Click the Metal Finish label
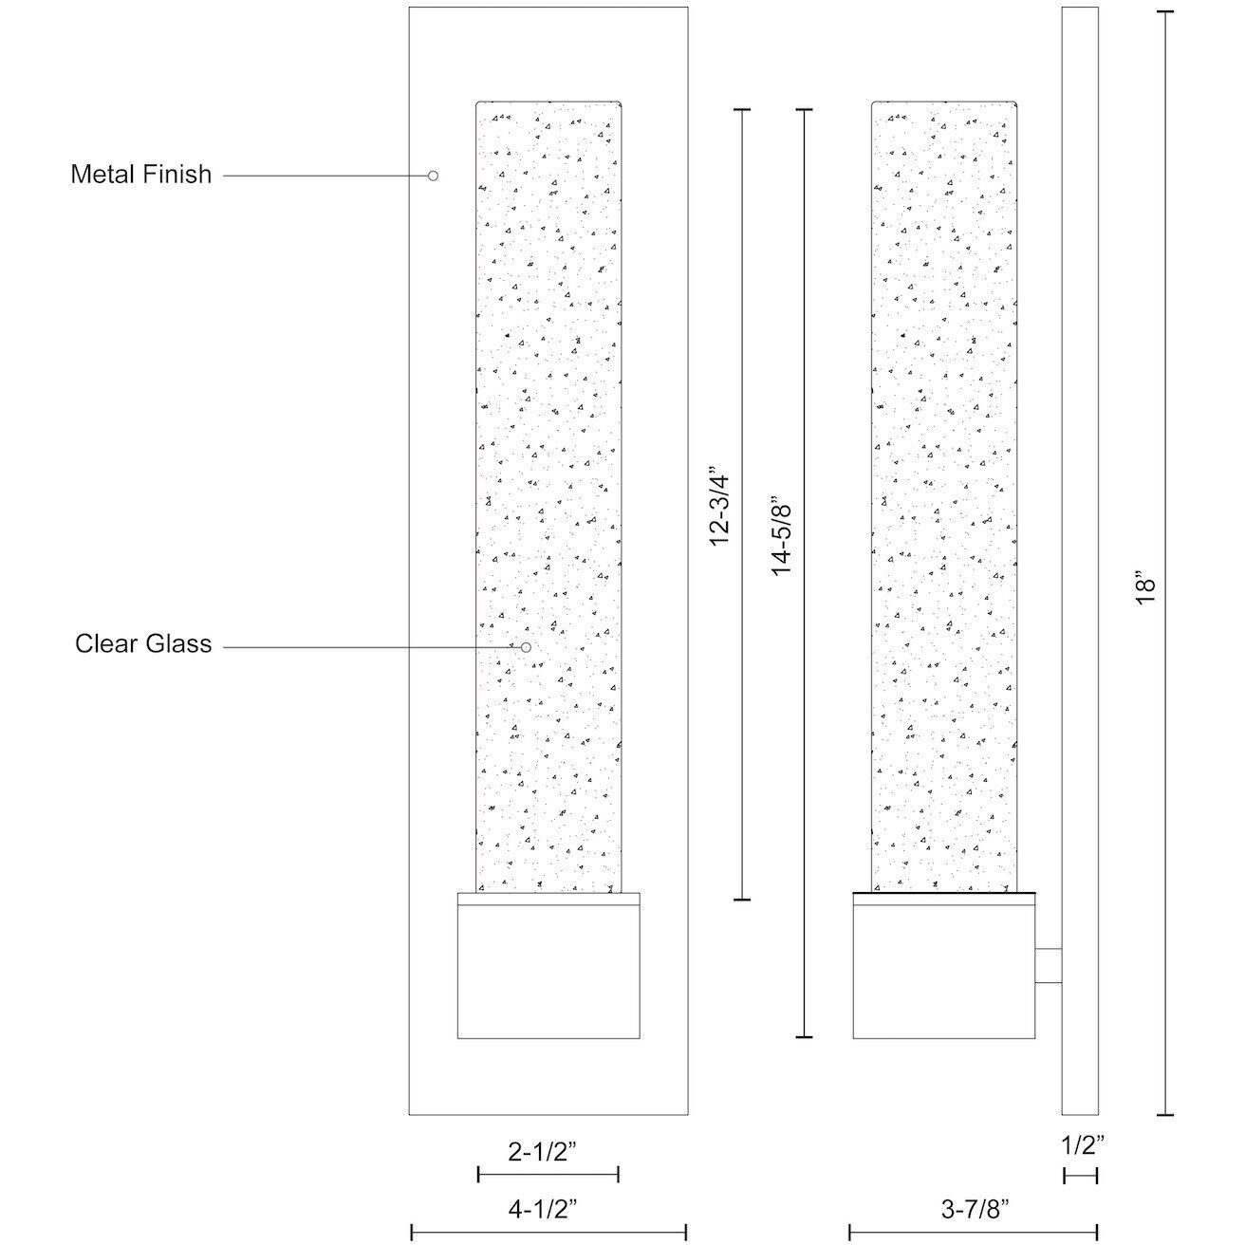point(140,175)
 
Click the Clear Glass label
point(143,643)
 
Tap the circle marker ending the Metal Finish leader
point(433,176)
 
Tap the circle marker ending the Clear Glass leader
point(526,647)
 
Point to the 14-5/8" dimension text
point(781,536)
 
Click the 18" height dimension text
point(1144,587)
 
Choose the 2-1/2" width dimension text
point(542,1151)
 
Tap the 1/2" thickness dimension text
point(1083,1145)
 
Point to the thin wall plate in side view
point(1080,561)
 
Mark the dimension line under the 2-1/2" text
point(548,1175)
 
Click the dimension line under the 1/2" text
point(1080,1176)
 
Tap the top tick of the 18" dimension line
point(1164,12)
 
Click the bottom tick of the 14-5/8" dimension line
point(804,1037)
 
